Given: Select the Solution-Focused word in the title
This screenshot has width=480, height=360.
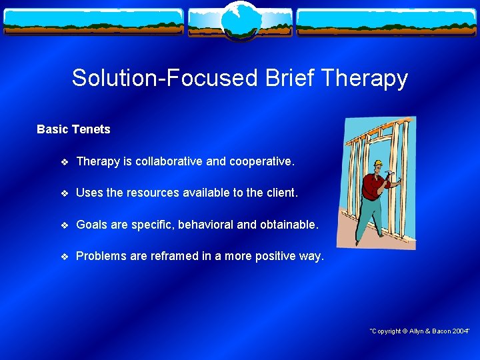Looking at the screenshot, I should (x=165, y=79).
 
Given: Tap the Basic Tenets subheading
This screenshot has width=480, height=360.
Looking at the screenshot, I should (x=73, y=129).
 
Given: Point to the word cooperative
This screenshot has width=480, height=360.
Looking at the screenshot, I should (x=260, y=161).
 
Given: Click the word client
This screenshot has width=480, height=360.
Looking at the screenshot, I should (x=281, y=193).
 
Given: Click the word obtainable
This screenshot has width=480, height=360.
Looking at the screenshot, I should (x=288, y=225).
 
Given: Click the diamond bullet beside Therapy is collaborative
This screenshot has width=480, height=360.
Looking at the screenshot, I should (x=63, y=162).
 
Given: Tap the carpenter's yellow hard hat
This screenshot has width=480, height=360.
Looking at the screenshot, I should (x=378, y=163).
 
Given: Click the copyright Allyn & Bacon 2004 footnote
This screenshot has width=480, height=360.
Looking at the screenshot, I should (x=420, y=331).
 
